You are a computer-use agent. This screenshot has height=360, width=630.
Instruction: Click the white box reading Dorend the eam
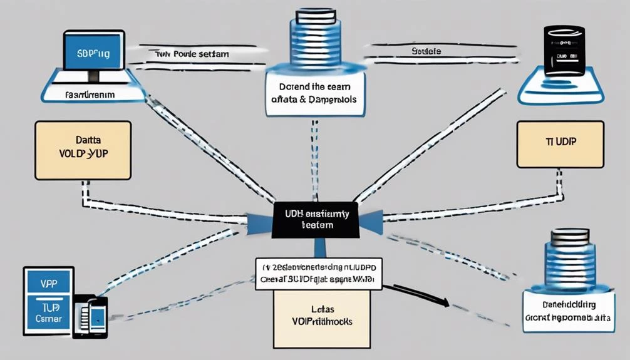[x=315, y=93]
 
